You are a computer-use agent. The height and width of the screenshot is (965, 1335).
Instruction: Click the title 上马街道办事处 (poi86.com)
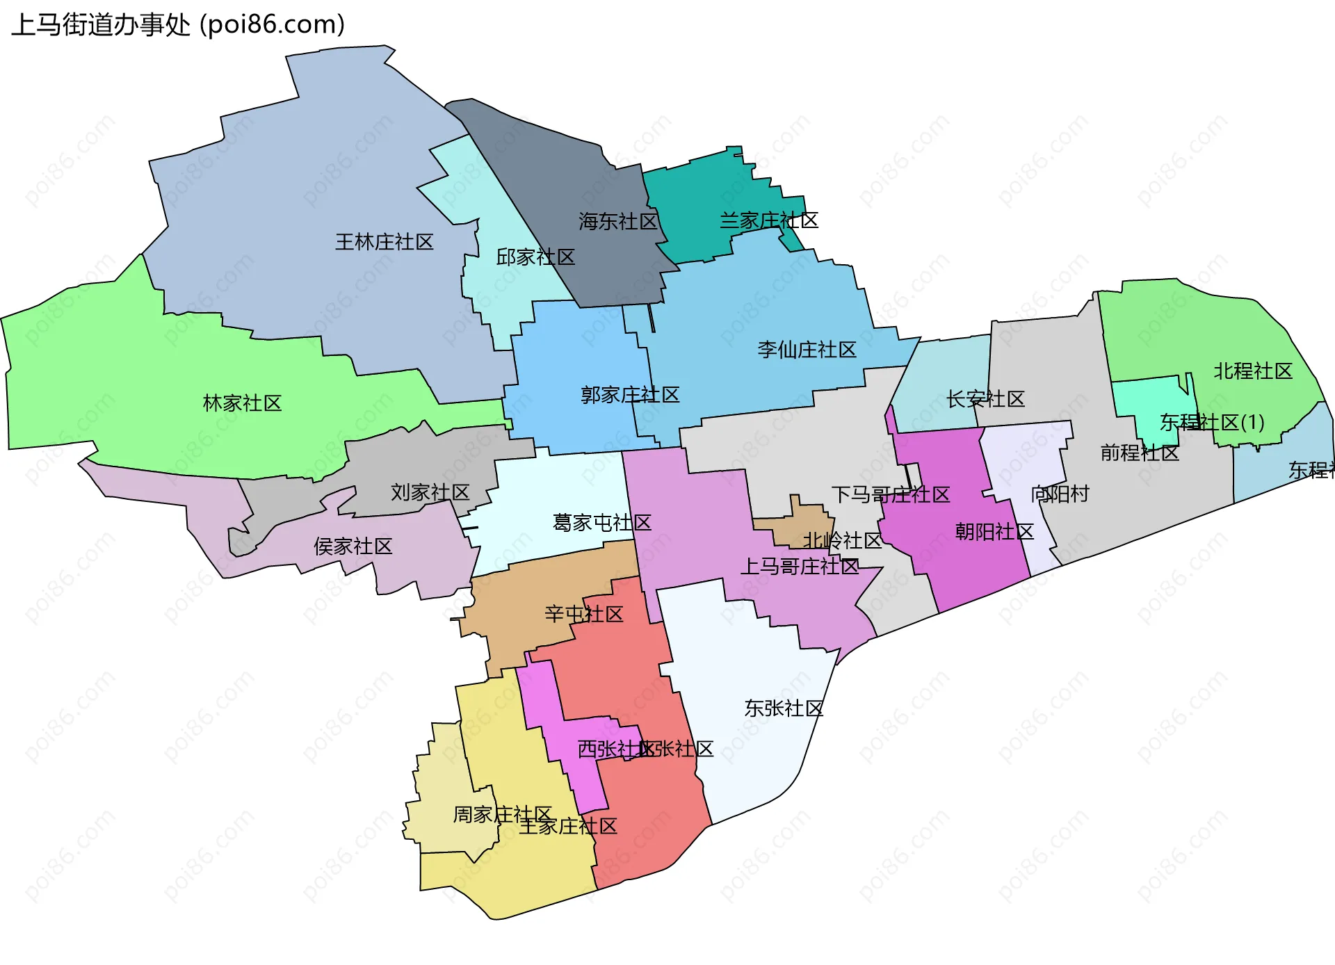pos(178,25)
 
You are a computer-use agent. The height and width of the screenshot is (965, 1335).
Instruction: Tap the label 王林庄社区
pos(384,242)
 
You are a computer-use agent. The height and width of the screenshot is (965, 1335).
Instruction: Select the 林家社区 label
pos(242,403)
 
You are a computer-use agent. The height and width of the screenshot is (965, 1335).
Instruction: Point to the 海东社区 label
pos(617,222)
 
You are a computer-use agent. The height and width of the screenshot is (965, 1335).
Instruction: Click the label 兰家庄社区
pos(768,221)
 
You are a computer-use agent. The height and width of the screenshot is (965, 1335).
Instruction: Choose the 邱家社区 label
pos(535,257)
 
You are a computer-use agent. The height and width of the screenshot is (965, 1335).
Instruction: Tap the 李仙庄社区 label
pos(807,350)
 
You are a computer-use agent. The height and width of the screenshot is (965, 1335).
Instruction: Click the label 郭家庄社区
pos(630,395)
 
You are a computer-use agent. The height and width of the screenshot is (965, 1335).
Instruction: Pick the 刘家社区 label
pos(430,492)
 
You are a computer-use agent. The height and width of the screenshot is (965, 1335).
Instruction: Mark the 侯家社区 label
pos(353,546)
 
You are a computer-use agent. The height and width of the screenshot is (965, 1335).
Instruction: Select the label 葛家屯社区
pos(602,523)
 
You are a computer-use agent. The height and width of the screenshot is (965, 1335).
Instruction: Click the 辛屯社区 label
pos(584,614)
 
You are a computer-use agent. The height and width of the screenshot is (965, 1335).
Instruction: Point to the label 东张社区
pos(784,708)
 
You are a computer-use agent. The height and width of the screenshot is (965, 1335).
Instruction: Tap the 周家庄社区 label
pos(502,814)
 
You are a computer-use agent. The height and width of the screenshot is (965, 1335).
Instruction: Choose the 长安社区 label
pos(985,399)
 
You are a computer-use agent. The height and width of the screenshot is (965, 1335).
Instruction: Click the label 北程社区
pos(1253,371)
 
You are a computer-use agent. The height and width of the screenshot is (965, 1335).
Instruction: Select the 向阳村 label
pos(1060,494)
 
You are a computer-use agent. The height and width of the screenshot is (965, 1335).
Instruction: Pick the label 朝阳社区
pos(994,532)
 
